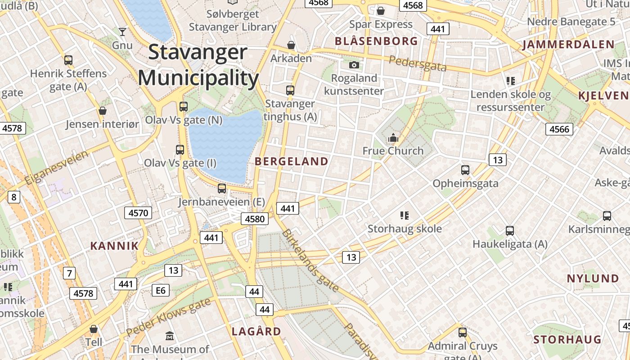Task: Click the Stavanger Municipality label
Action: (198, 65)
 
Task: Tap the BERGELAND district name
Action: (292, 162)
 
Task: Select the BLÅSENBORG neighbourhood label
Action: (376, 41)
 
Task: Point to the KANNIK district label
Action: (114, 246)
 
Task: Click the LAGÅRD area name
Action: (256, 332)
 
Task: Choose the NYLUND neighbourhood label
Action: (593, 279)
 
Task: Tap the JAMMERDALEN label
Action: (568, 45)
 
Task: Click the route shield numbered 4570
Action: (138, 213)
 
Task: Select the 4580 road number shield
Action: (255, 219)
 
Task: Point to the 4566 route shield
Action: (559, 129)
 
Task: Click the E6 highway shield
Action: (161, 290)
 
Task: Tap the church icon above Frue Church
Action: (393, 138)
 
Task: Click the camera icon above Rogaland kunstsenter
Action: (354, 65)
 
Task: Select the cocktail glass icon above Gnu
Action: (122, 32)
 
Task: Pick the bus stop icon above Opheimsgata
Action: (465, 170)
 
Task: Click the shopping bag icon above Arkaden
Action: (291, 45)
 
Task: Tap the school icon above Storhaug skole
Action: (404, 216)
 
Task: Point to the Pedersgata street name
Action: (418, 64)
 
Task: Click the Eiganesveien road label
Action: (57, 167)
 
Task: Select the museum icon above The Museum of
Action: (170, 336)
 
